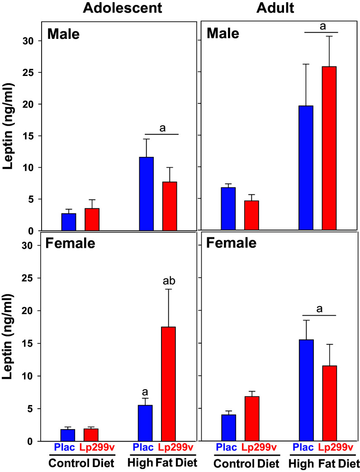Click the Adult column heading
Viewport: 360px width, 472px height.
click(x=278, y=9)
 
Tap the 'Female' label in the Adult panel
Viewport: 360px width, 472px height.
click(x=231, y=243)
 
